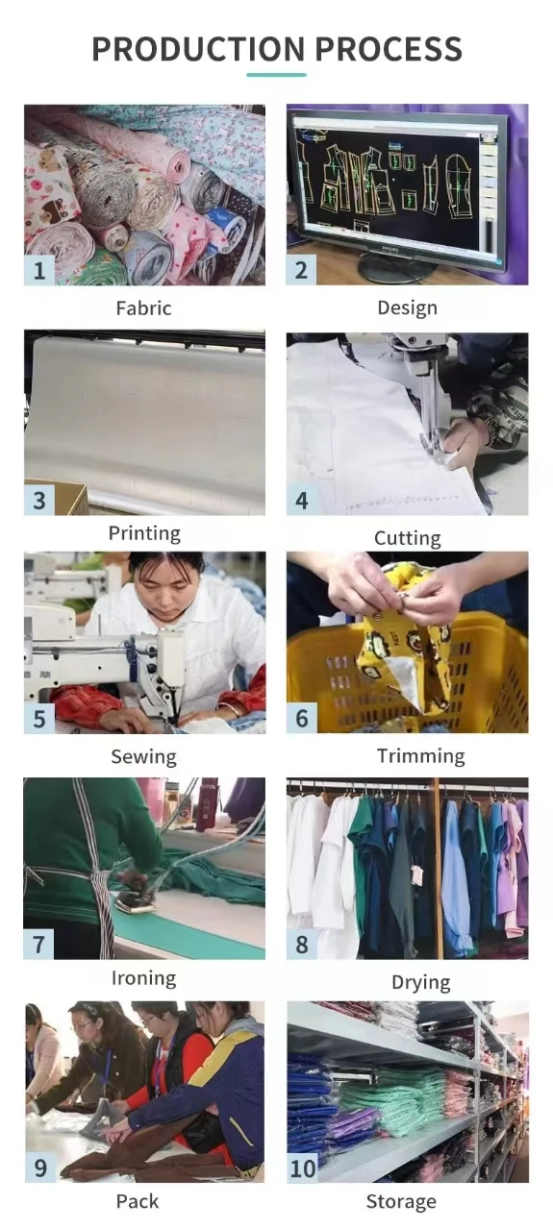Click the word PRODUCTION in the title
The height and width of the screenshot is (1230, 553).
coord(198,49)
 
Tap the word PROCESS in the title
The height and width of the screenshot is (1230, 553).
coord(389,49)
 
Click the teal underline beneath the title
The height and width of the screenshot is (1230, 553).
coord(277,74)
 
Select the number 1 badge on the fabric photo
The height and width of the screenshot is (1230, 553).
coord(39,270)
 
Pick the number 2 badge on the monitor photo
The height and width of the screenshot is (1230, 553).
coord(301,270)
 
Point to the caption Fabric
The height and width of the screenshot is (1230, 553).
coord(143,308)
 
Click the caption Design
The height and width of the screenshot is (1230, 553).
coord(408,308)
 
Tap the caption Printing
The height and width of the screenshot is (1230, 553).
coord(144,533)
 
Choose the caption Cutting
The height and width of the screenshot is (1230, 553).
coord(408,538)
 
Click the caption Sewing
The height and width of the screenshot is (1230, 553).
coord(144,756)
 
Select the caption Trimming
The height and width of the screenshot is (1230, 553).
coord(421,756)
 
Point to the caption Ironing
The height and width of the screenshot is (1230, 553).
coord(144,978)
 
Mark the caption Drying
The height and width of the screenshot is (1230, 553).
coord(421,982)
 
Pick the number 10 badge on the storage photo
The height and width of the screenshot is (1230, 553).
coord(303,1168)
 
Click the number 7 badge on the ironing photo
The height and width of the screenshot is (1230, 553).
coord(38,945)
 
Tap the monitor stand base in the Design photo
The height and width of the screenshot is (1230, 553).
coord(397,270)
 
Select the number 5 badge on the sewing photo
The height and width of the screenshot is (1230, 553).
coord(39,719)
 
